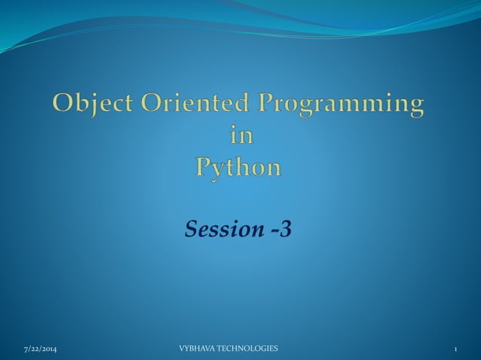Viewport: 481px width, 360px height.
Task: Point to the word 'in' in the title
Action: [240, 136]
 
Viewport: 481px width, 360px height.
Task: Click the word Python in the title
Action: [240, 167]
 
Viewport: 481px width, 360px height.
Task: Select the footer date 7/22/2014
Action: [38, 349]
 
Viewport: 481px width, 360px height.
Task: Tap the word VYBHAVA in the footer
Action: [197, 349]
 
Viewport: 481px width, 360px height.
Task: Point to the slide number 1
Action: [456, 349]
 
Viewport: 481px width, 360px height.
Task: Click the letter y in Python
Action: [222, 169]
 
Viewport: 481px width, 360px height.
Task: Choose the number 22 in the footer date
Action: [32, 349]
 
